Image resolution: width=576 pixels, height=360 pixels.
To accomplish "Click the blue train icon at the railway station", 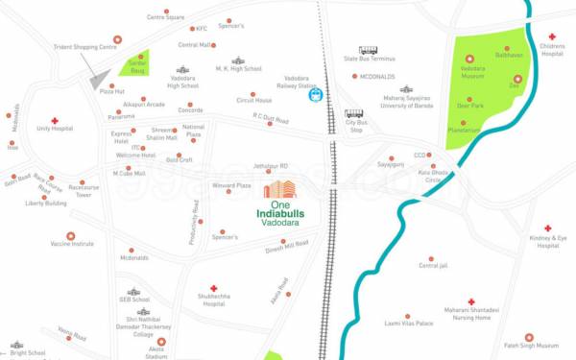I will click(310, 95).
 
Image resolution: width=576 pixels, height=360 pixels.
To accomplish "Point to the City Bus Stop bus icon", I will click(354, 113).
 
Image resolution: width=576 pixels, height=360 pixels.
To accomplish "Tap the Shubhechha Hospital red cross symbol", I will click(213, 286).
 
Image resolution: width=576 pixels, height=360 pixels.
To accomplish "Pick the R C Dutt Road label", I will click(271, 116).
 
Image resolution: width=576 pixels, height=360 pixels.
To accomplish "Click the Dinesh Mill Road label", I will click(287, 246).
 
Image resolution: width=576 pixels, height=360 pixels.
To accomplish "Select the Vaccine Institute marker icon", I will click(70, 235).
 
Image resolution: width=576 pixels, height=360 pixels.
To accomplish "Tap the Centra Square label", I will click(165, 17).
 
